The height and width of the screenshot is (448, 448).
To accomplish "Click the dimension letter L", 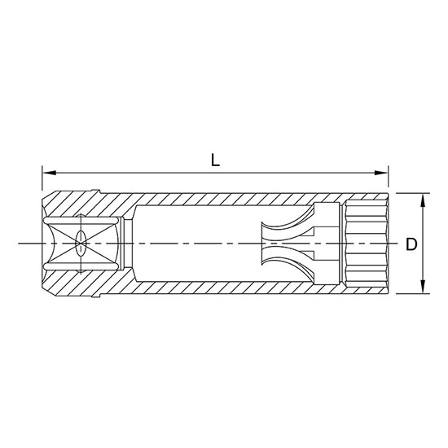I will (x=215, y=160).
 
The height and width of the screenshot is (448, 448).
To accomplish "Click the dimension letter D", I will (x=412, y=243).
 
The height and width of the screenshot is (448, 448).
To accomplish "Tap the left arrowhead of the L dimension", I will (x=47, y=173).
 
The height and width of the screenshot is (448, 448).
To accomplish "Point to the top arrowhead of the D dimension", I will (x=422, y=199).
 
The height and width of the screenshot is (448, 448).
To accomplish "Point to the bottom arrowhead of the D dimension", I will (x=422, y=288).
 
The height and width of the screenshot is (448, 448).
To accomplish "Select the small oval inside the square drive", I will (x=80, y=243).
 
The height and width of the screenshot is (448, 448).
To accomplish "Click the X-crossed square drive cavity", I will (x=81, y=243).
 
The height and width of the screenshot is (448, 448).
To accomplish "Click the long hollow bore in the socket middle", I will (x=195, y=243).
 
